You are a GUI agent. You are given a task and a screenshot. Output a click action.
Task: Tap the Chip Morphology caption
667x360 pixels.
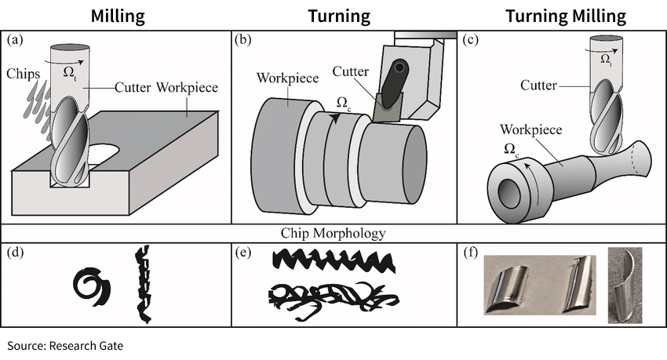[x=333, y=233]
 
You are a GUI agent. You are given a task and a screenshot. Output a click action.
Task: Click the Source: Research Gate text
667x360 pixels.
[x=66, y=345]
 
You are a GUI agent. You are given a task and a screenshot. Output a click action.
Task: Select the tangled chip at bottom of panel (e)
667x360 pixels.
[x=333, y=298]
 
